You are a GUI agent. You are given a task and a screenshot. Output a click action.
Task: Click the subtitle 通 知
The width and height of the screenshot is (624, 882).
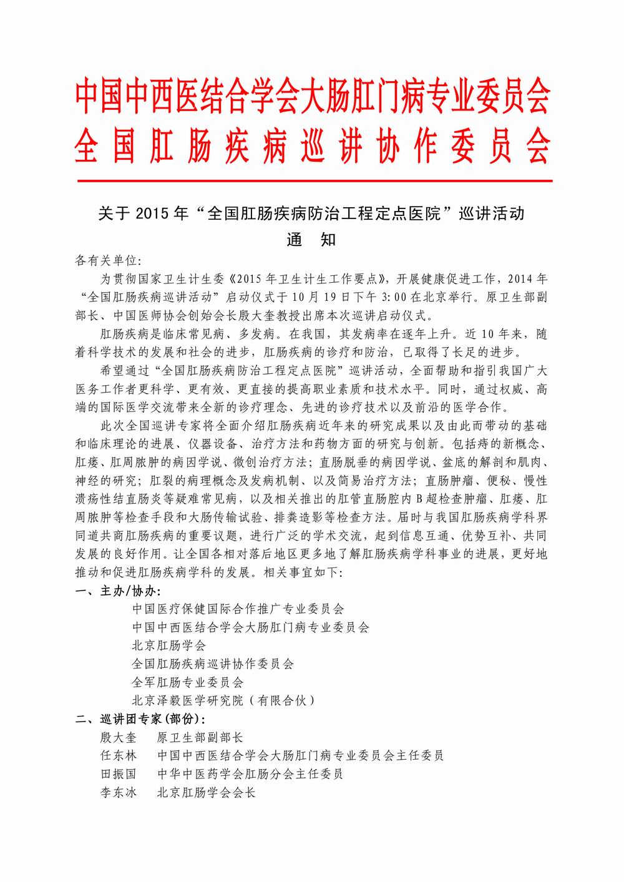click(x=311, y=240)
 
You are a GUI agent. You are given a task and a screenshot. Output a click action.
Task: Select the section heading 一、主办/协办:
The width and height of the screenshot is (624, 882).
click(x=118, y=590)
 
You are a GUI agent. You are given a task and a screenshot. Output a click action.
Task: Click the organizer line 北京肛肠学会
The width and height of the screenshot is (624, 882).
click(x=168, y=645)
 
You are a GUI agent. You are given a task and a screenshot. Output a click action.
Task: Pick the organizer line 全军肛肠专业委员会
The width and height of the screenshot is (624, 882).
click(x=188, y=682)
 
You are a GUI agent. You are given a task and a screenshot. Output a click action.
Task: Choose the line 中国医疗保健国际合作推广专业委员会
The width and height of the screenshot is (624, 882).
click(x=238, y=608)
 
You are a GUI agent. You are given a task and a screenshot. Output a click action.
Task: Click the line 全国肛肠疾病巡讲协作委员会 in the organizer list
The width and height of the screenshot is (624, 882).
click(x=213, y=664)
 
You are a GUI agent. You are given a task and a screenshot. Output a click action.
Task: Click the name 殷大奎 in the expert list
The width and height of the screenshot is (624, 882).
click(x=118, y=737)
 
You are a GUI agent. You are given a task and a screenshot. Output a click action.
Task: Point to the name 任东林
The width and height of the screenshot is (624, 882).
click(x=118, y=755)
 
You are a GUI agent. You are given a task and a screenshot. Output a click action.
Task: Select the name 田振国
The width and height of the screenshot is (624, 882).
click(x=118, y=774)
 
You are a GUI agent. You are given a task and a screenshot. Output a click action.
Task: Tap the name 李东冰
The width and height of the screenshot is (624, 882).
click(x=118, y=793)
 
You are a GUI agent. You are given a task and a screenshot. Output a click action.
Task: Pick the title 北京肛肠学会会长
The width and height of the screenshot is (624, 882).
click(x=207, y=793)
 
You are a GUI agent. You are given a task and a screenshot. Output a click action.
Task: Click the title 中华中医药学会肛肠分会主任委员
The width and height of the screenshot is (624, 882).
click(x=250, y=774)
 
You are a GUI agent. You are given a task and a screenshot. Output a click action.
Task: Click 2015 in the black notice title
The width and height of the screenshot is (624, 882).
click(x=150, y=214)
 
